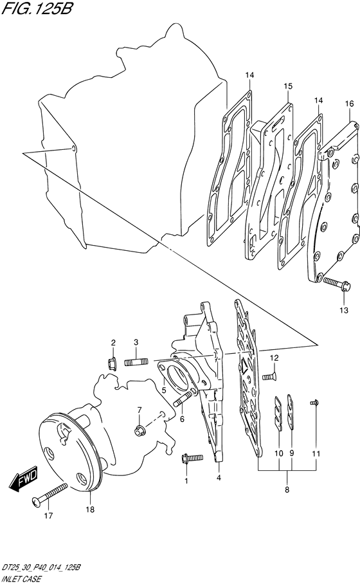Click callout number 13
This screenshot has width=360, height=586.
(x=343, y=310)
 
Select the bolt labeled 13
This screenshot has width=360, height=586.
(x=336, y=285)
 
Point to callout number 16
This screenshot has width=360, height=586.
(x=349, y=104)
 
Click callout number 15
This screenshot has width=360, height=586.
(x=287, y=86)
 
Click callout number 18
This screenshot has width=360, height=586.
(x=90, y=509)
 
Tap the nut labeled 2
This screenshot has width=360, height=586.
(x=111, y=363)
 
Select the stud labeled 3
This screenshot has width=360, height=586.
(x=136, y=362)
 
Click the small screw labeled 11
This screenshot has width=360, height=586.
(x=314, y=403)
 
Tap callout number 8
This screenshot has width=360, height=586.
(x=287, y=490)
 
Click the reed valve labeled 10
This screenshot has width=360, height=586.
(x=278, y=414)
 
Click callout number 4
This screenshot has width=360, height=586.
(x=219, y=477)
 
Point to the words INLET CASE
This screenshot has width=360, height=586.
(x=21, y=580)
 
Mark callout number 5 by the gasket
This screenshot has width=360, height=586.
(x=163, y=391)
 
